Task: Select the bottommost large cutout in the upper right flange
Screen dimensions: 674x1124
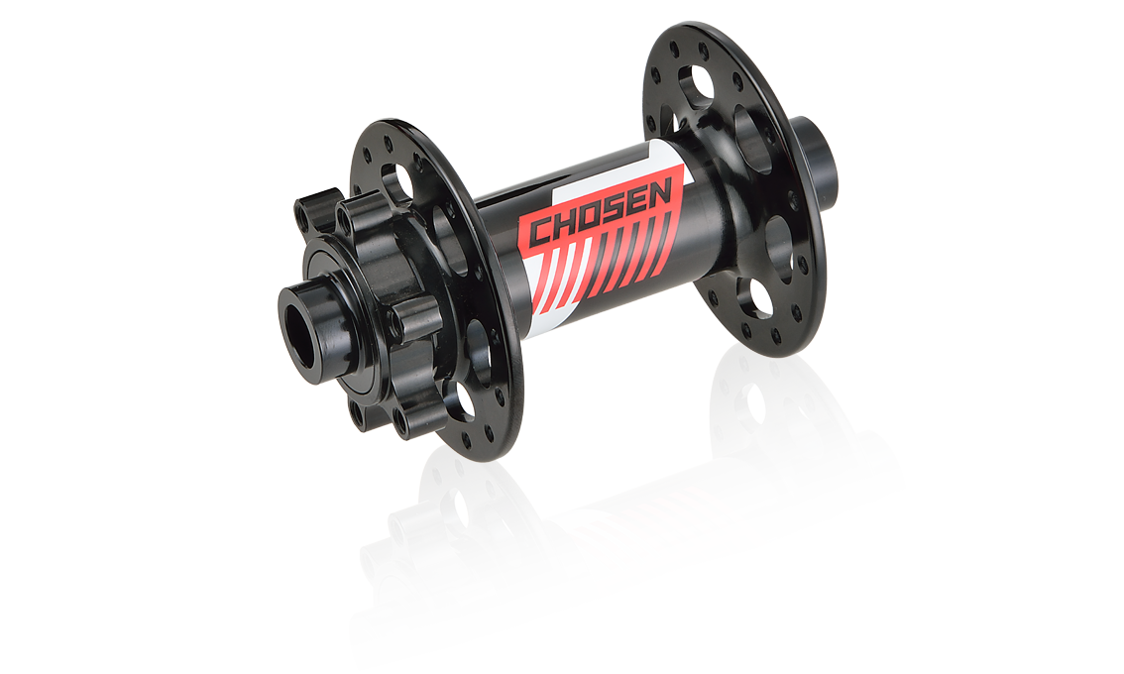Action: (x=754, y=296)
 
